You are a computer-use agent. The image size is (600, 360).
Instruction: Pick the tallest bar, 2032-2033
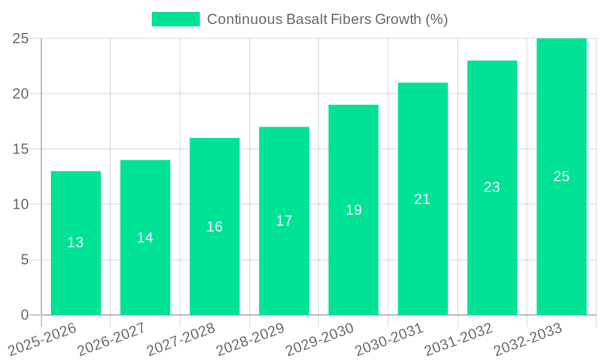click(561, 240)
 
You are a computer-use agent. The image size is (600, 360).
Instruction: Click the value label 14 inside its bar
click(145, 238)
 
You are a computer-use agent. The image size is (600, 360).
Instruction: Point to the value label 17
click(284, 221)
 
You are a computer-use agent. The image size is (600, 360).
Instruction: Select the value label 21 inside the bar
click(422, 199)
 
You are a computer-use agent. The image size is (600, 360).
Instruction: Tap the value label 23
click(492, 187)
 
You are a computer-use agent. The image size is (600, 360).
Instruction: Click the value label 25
click(561, 176)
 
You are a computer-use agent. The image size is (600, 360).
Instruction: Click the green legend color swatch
click(175, 19)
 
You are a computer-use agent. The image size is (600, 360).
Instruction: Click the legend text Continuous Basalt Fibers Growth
click(327, 19)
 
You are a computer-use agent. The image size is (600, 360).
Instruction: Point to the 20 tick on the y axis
click(20, 94)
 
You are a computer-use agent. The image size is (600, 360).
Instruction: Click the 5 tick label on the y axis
click(25, 260)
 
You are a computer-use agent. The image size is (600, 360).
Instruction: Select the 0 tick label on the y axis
click(25, 315)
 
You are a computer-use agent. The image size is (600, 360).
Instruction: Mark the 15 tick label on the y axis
click(20, 149)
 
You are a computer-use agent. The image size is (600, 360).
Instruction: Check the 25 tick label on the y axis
click(20, 38)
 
